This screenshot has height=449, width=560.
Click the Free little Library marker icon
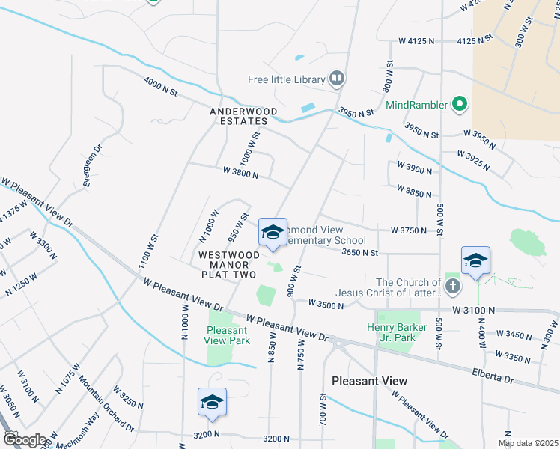coord(337,79)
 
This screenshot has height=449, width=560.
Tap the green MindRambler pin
coord(460,105)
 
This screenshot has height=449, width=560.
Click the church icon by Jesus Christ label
coord(451,287)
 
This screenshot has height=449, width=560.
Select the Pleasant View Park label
coord(228,335)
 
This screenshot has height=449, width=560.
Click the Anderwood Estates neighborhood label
coord(243,116)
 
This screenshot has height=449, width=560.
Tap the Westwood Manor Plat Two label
coord(229,265)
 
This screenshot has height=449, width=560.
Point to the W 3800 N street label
coord(240,174)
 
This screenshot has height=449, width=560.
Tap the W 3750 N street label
coord(408,230)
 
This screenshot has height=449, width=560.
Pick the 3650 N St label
coord(359,253)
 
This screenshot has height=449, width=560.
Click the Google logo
coord(24,440)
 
